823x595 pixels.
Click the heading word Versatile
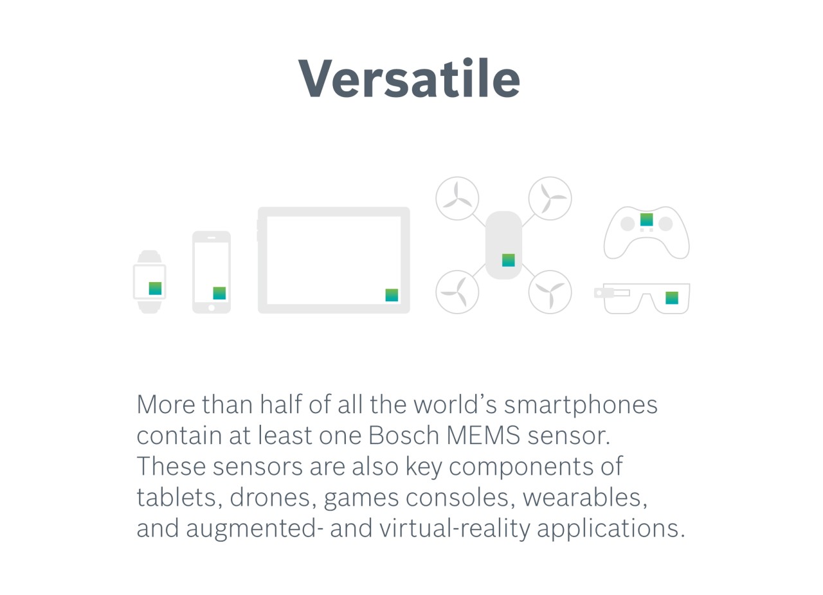pyautogui.click(x=409, y=78)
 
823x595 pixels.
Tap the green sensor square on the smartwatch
pyautogui.click(x=155, y=289)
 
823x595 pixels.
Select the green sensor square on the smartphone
pyautogui.click(x=219, y=293)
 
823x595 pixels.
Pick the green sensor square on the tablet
pyautogui.click(x=392, y=295)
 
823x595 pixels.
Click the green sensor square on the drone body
pyautogui.click(x=508, y=260)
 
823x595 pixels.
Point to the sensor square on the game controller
pyautogui.click(x=646, y=220)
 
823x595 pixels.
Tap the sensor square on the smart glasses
pyautogui.click(x=671, y=297)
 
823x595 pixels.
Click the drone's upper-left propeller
pyautogui.click(x=457, y=199)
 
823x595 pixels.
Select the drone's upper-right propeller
pyautogui.click(x=550, y=199)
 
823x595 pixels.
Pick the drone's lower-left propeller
pyautogui.click(x=457, y=292)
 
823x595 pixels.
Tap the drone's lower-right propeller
pyautogui.click(x=550, y=292)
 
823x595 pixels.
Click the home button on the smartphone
pyautogui.click(x=212, y=308)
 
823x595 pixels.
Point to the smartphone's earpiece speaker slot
pyautogui.click(x=212, y=238)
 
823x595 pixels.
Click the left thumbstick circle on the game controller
pyautogui.click(x=627, y=224)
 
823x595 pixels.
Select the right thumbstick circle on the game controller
pyautogui.click(x=665, y=224)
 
